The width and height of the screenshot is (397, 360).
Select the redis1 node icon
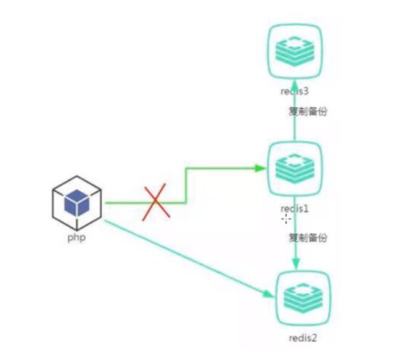pyautogui.click(x=294, y=167)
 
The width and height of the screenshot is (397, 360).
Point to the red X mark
pyautogui.click(x=157, y=202)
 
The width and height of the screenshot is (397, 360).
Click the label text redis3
pyautogui.click(x=294, y=92)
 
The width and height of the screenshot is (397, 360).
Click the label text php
pyautogui.click(x=77, y=237)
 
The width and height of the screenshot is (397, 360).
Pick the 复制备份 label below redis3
pyautogui.click(x=308, y=112)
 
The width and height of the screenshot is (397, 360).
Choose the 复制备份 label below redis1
pyautogui.click(x=307, y=237)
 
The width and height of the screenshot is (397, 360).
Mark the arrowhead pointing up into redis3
pyautogui.click(x=295, y=84)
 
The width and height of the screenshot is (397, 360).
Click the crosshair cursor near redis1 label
pyautogui.click(x=286, y=218)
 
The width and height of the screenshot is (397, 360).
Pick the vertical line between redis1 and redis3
pyautogui.click(x=295, y=123)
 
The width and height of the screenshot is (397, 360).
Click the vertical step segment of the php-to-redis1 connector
pyautogui.click(x=186, y=184)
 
